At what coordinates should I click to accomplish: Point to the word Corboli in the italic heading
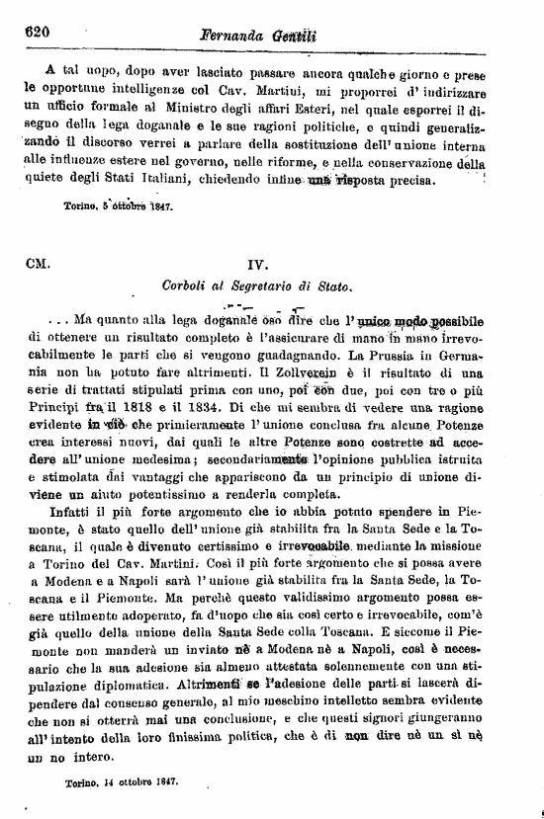click(186, 287)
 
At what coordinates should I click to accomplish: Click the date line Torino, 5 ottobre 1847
click(119, 208)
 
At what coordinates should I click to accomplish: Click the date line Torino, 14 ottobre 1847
click(121, 780)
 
